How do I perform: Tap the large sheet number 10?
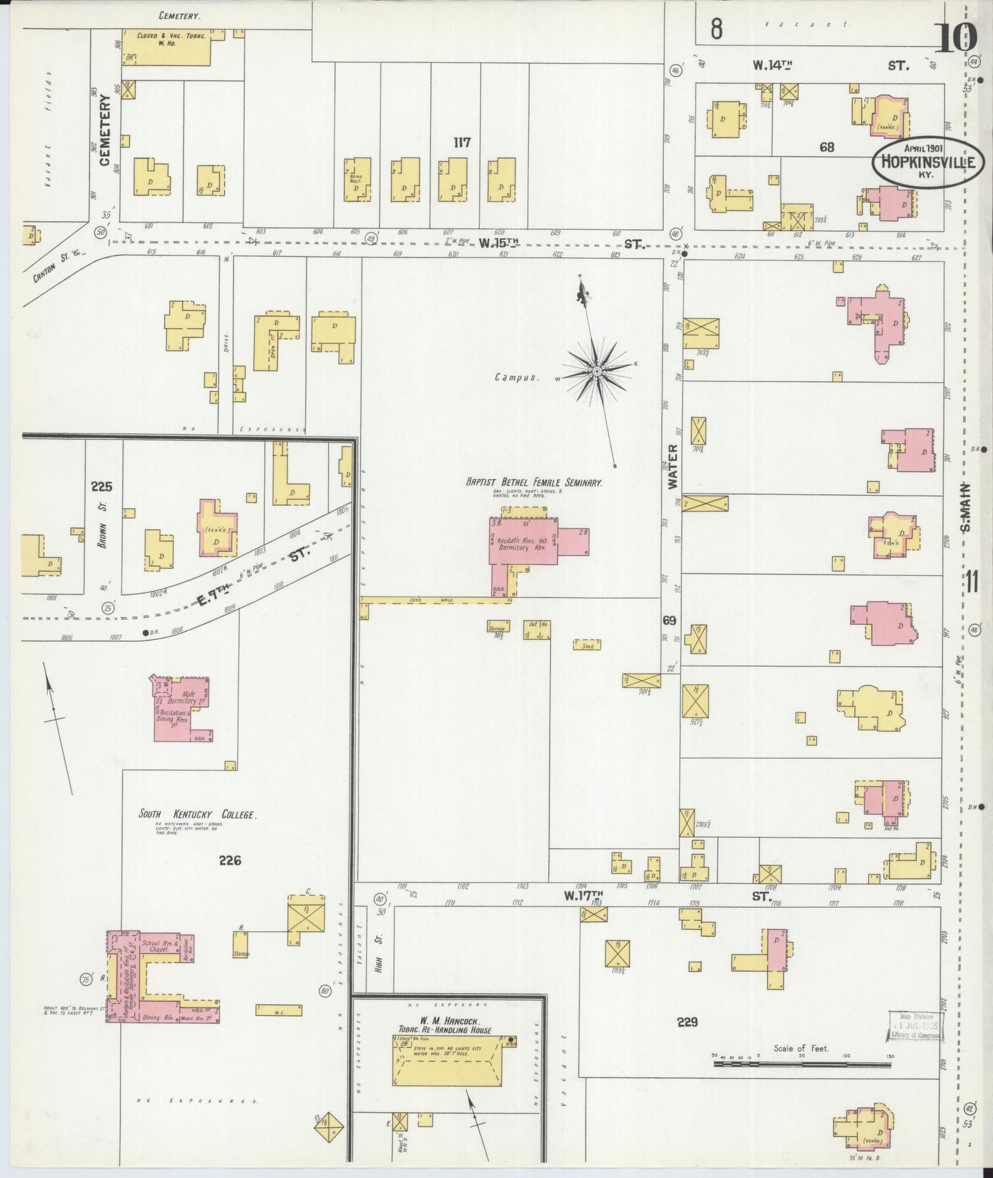point(956,37)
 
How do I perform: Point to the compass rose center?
point(597,372)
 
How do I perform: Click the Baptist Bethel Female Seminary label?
point(533,482)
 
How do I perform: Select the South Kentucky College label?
point(197,814)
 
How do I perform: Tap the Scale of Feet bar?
point(802,1063)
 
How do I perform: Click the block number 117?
point(462,142)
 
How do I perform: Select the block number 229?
point(687,1022)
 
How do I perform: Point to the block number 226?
point(230,860)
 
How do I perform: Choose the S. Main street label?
point(965,509)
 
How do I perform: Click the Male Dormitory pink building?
point(181,708)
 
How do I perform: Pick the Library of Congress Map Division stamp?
point(915,1026)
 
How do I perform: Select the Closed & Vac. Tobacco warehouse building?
point(166,47)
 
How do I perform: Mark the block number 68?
point(827,146)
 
